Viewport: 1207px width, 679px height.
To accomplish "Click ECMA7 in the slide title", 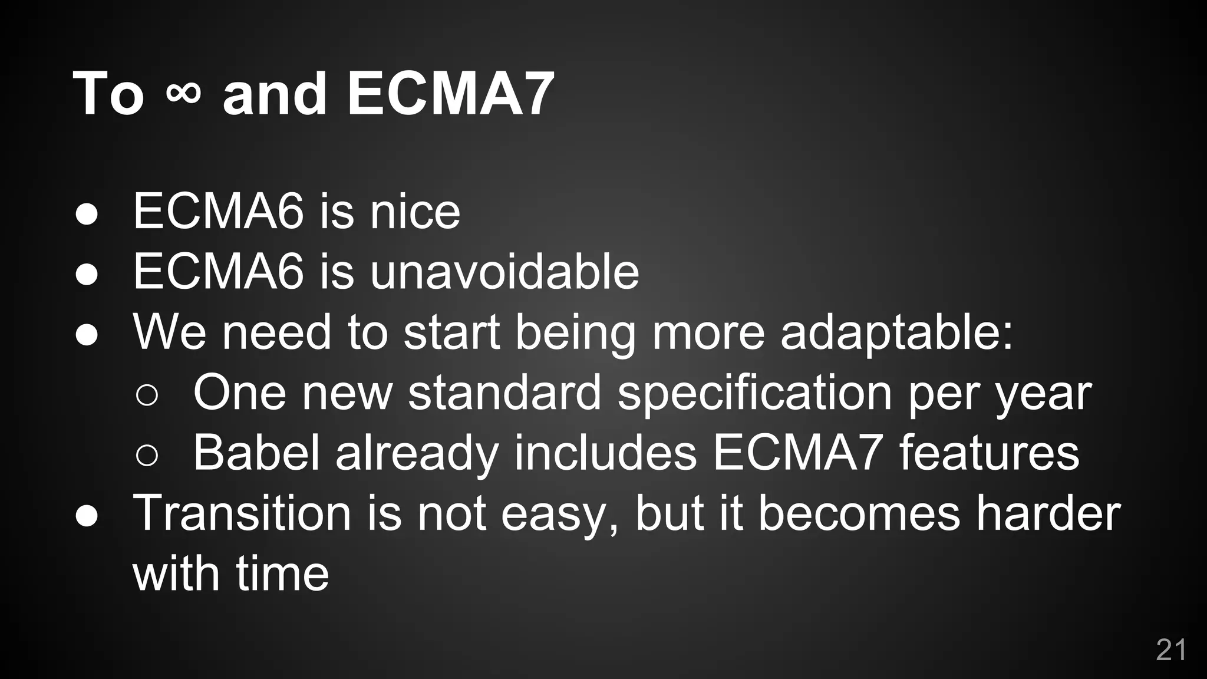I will [x=450, y=94].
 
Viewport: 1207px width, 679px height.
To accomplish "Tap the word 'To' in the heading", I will [x=108, y=94].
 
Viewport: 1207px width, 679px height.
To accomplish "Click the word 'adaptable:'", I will [x=896, y=332].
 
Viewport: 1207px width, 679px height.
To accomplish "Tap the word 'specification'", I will [x=754, y=394].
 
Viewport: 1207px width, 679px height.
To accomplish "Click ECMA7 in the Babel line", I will [x=797, y=452].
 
